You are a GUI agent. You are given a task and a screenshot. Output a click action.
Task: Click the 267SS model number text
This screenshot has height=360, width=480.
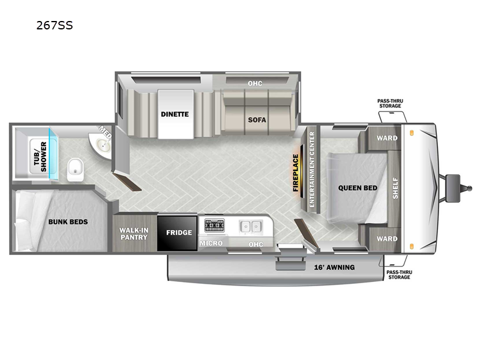pos(55,25)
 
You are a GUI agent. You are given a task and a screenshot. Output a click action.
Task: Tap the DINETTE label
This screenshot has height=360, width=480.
pos(175,114)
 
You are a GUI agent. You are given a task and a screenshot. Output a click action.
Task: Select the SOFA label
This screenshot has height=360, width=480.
pos(257,119)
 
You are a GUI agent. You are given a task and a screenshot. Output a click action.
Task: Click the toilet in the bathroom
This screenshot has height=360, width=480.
pos(75,170)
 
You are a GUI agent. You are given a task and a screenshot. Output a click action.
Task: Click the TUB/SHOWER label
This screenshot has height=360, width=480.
pos(40,157)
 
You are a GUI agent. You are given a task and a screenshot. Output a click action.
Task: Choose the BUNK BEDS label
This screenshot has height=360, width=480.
pos(68,221)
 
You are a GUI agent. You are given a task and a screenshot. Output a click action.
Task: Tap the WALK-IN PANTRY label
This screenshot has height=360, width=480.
pos(133,233)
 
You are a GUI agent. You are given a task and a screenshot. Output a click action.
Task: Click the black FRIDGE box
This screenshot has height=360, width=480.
pos(177,233)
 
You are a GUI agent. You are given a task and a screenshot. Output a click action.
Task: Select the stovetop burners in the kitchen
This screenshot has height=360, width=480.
pos(214,226)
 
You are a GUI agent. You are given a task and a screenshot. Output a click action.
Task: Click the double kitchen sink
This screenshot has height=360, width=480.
pos(251,227)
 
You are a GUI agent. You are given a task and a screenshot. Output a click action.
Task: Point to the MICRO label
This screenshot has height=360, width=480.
pos(211,243)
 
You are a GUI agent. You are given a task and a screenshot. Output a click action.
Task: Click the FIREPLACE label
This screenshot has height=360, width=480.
pos(295,173)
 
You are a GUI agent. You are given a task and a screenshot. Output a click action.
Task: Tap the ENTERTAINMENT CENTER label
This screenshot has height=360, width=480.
pos(312,169)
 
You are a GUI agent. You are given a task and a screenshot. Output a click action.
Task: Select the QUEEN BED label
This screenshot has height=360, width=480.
pos(358,188)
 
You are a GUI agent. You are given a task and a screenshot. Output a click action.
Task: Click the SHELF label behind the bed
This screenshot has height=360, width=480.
pos(395,188)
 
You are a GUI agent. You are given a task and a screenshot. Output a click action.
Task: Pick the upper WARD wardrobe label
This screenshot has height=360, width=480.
pos(387,138)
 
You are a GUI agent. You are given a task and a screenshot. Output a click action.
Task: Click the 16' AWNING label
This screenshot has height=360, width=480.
pos(334,267)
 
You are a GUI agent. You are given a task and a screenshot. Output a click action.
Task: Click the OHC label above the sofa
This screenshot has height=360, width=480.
pos(255,83)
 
